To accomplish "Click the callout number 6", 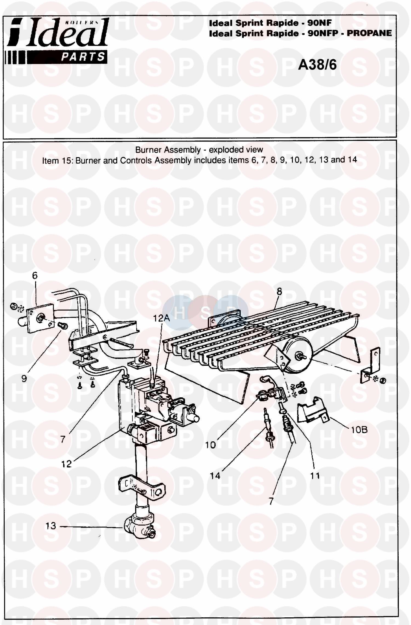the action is point(35,275).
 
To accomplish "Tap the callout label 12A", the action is point(161,318).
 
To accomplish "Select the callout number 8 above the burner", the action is point(279,291).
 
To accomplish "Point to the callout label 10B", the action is point(359,430).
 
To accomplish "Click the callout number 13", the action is point(51,526).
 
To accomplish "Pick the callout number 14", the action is point(215,476).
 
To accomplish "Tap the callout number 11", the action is point(315,476).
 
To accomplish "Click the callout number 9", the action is point(24,379).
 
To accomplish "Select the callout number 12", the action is point(66,464).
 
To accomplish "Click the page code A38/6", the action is point(317,65).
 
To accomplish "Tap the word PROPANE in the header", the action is point(369,33).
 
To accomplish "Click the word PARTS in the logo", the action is point(83,57).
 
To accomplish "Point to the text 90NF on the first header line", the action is point(319,23).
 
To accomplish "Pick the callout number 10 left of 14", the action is point(210,445).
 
